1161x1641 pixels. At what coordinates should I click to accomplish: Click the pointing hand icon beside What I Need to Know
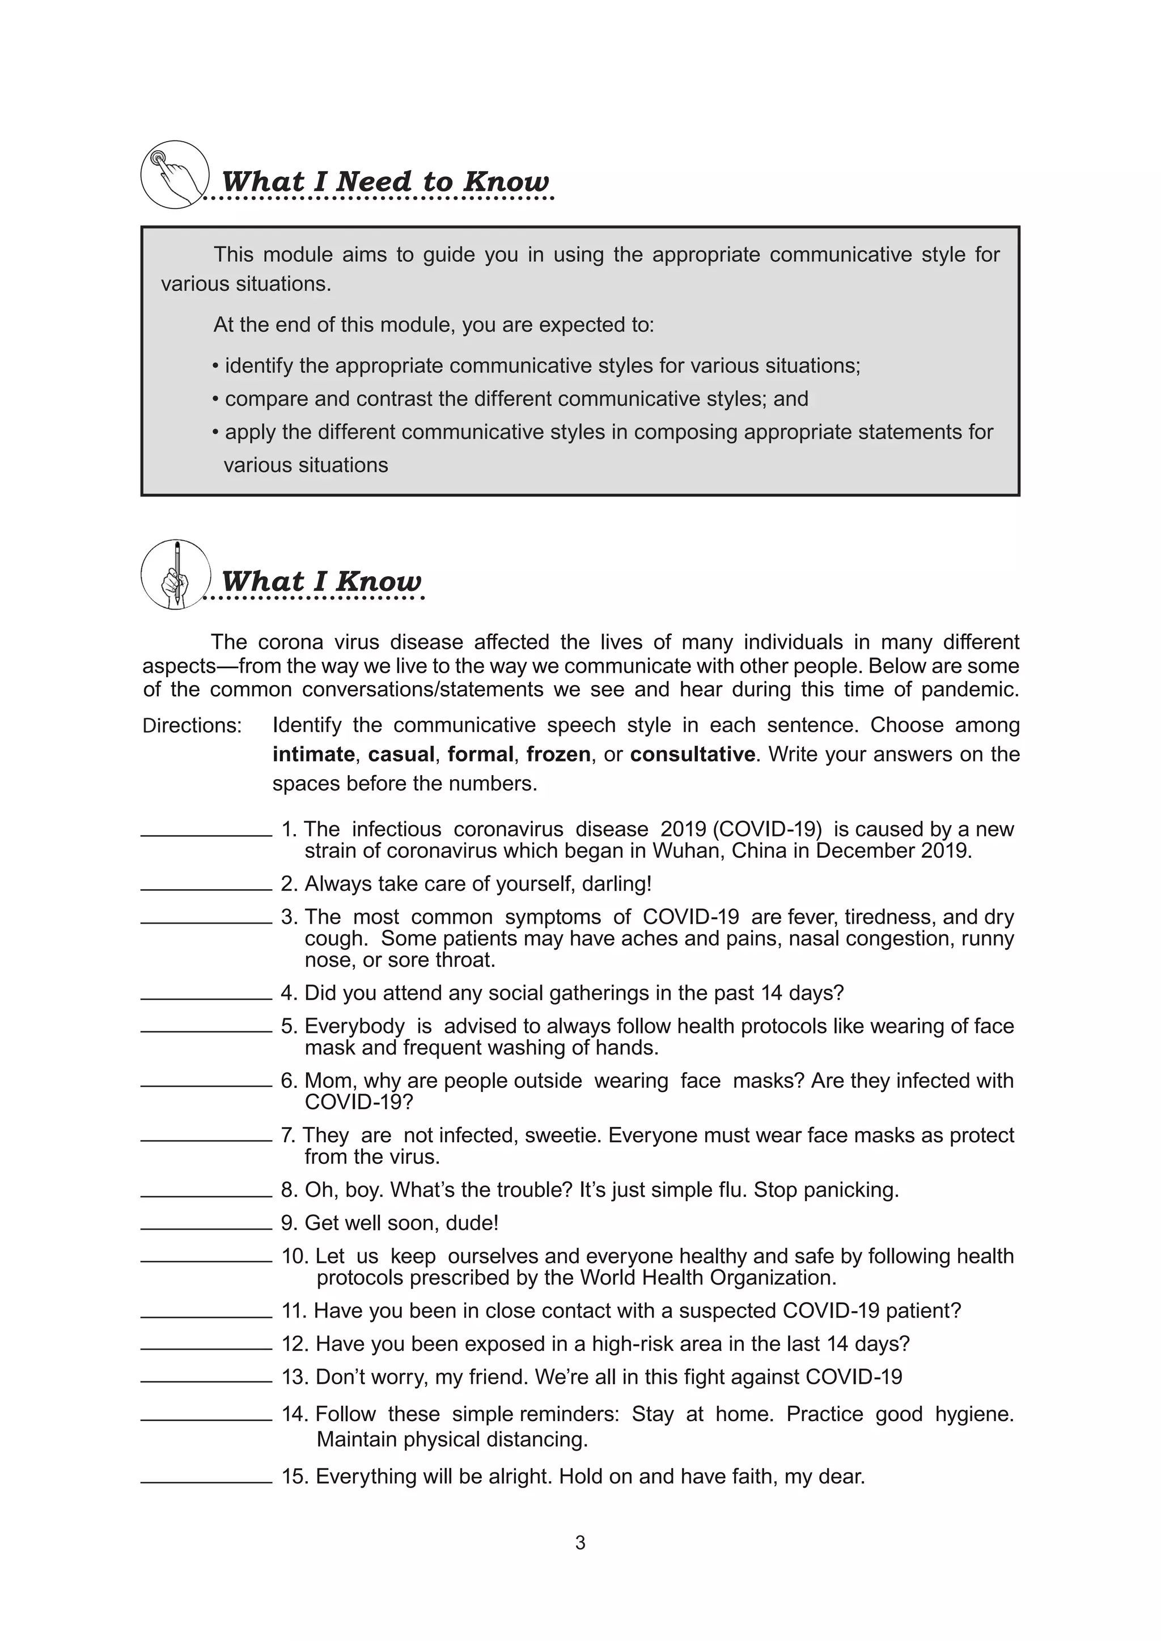pyautogui.click(x=175, y=175)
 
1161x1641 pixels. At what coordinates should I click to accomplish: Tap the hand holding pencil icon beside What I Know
pyautogui.click(x=175, y=574)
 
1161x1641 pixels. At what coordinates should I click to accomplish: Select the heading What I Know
pyautogui.click(x=321, y=581)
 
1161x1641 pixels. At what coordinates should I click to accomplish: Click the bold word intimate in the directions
pyautogui.click(x=313, y=754)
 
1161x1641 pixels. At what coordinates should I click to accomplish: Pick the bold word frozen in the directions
pyautogui.click(x=558, y=754)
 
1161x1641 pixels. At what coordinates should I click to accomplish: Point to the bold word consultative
pyautogui.click(x=692, y=754)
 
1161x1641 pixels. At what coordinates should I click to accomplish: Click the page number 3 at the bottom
pyautogui.click(x=580, y=1543)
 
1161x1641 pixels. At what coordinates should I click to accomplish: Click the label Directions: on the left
pyautogui.click(x=192, y=725)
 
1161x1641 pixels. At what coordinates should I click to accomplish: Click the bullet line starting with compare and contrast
pyautogui.click(x=510, y=399)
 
